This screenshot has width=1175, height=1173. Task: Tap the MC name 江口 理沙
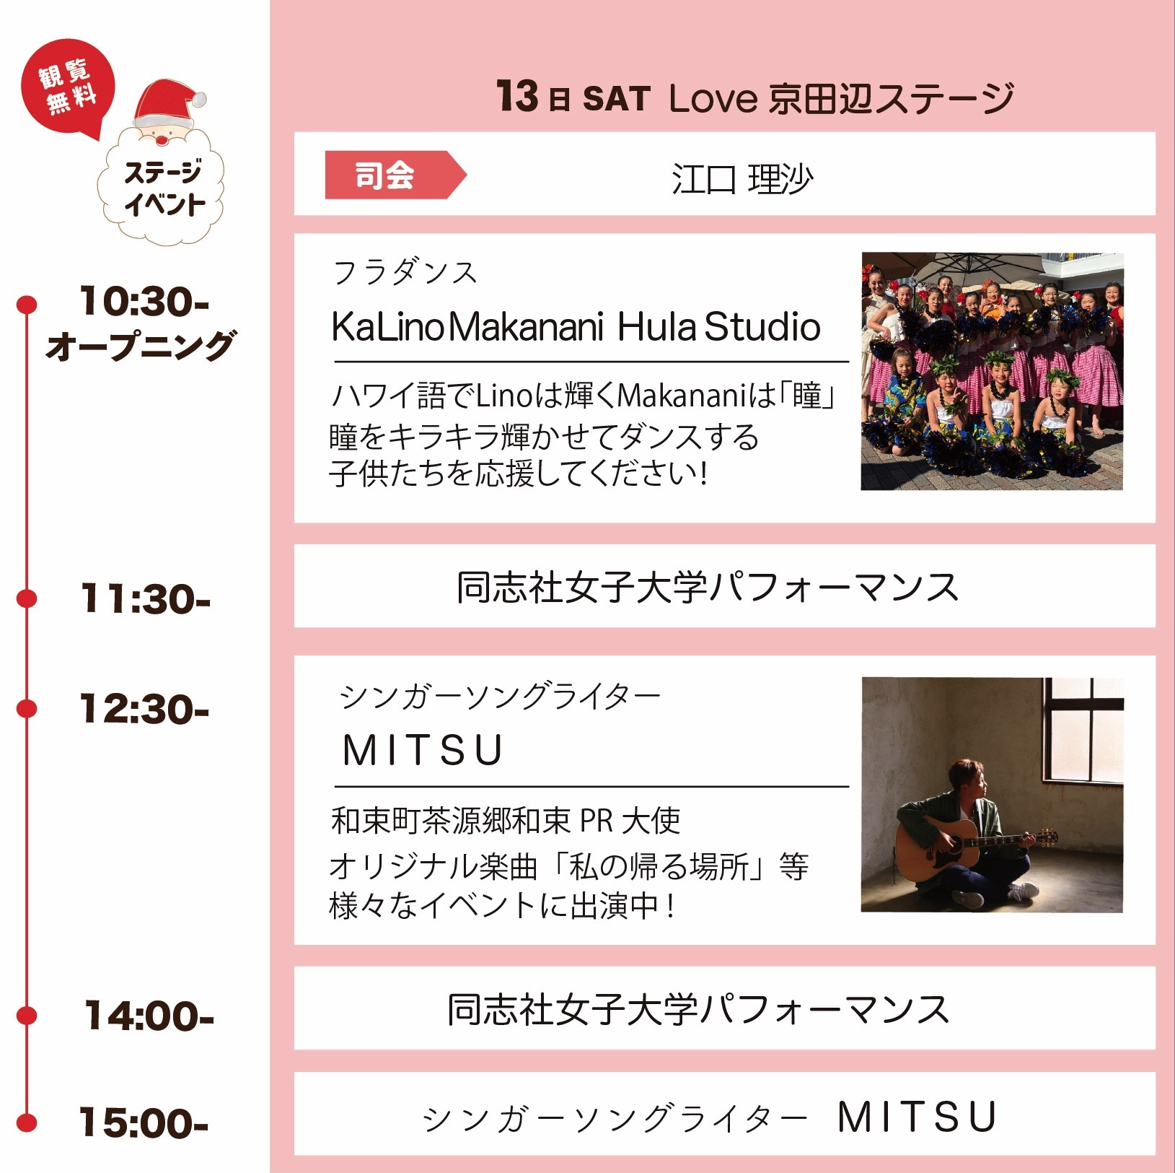point(741,179)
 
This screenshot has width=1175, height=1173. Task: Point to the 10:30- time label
point(144,301)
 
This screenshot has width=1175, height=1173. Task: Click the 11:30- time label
point(145,599)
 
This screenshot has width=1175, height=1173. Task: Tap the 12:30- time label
point(144,709)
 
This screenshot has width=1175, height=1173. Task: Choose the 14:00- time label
point(149,1016)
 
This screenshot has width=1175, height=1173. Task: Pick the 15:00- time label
point(144,1122)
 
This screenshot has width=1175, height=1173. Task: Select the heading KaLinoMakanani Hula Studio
point(576,327)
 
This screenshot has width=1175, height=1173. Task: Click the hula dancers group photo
point(992,371)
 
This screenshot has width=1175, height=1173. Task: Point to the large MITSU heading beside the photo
point(423,750)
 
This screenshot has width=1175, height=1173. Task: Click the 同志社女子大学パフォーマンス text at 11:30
point(707,587)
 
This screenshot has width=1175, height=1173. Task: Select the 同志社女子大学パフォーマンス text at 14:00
point(697,1009)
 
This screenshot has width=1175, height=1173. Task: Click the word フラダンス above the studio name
point(405,273)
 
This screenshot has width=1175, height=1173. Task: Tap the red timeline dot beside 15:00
point(27,1122)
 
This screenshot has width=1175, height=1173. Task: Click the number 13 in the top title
point(517,96)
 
